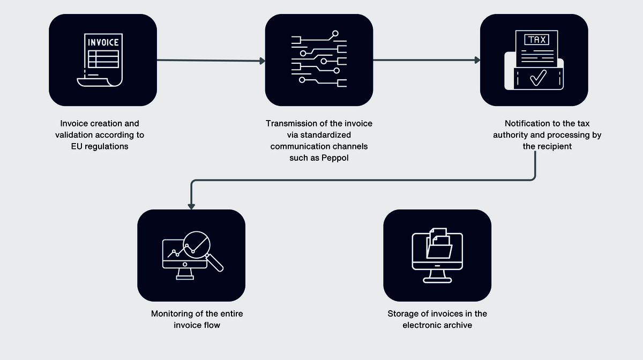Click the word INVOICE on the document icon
click(x=103, y=42)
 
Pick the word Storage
click(x=402, y=313)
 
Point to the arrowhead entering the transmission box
click(x=263, y=61)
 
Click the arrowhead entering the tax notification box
click(x=477, y=61)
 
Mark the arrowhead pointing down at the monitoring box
click(x=191, y=206)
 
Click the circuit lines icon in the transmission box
click(x=319, y=59)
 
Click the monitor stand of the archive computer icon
click(x=437, y=276)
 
